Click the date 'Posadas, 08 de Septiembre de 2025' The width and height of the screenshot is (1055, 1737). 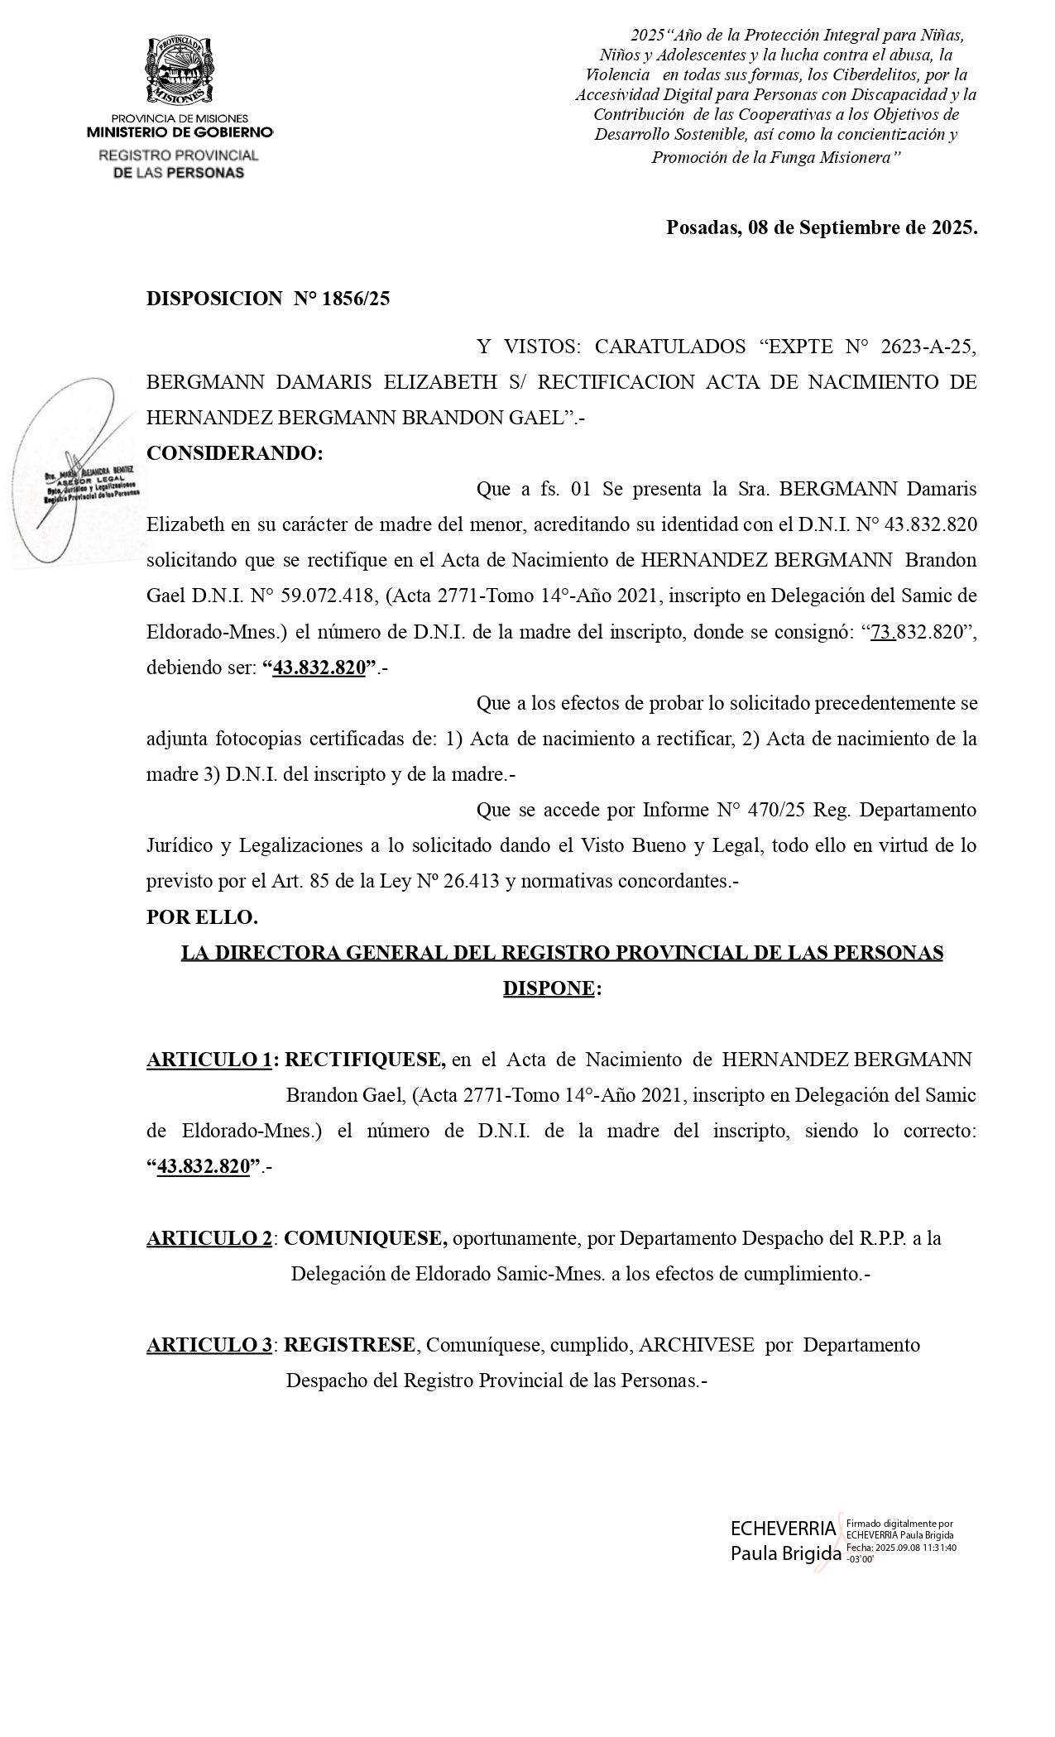tap(821, 227)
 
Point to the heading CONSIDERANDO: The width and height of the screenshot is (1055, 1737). tap(235, 453)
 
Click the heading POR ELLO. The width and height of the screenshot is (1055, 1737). tap(202, 917)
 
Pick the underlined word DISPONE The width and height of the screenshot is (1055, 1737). tap(549, 988)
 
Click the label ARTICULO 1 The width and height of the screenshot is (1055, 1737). tap(209, 1060)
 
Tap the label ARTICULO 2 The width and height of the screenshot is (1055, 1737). tap(209, 1238)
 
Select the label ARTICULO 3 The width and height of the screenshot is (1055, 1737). tap(209, 1345)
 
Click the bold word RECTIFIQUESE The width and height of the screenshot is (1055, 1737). tap(365, 1060)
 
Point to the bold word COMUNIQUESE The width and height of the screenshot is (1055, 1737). tap(366, 1238)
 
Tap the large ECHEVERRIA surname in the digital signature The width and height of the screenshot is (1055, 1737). tap(783, 1528)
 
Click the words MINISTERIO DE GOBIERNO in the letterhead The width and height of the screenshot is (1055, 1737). tap(180, 132)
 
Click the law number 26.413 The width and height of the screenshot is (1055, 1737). tap(472, 882)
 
